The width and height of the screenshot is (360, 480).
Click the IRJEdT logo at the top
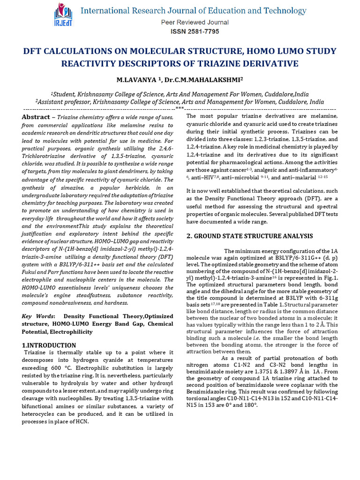[60, 16]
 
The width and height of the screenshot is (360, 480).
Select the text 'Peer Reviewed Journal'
[195, 22]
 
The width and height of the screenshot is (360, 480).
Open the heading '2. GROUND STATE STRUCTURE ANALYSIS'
[249, 236]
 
